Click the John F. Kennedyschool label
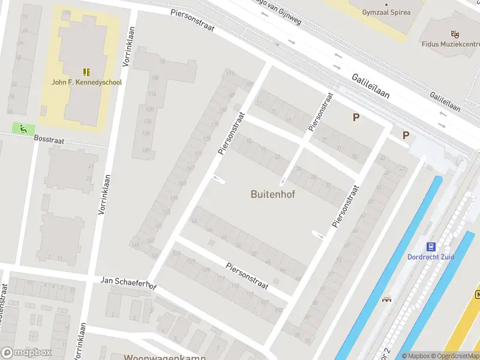click(x=86, y=82)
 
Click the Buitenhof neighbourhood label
click(x=272, y=194)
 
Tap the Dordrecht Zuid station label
click(x=430, y=257)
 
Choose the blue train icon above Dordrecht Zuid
click(x=430, y=247)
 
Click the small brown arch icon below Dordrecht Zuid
click(x=387, y=299)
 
